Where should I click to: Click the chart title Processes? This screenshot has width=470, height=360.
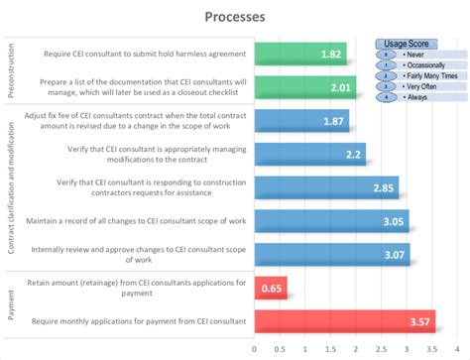click(x=234, y=17)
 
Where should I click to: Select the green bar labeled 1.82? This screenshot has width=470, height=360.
click(x=299, y=54)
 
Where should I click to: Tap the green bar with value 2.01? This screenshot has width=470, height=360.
click(x=304, y=87)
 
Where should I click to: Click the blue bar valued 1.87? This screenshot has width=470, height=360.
click(x=301, y=120)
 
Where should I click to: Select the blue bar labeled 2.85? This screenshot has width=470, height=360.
click(x=326, y=187)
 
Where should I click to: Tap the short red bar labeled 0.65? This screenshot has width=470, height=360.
click(x=271, y=289)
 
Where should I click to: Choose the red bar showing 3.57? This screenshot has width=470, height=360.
click(x=344, y=321)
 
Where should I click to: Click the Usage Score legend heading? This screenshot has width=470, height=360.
click(x=406, y=44)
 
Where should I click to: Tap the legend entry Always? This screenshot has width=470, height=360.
click(x=417, y=96)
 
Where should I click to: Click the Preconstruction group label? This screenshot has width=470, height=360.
click(x=11, y=69)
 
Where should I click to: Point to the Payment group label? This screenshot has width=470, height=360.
click(x=11, y=305)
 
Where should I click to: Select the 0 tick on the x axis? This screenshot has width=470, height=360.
click(x=255, y=349)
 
